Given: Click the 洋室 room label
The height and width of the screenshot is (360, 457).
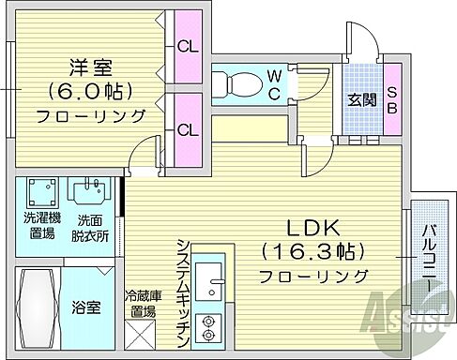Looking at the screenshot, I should click(x=89, y=67).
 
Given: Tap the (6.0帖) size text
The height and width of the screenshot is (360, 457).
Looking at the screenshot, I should click(x=89, y=92).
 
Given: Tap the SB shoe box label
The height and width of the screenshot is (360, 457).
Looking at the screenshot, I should click(x=392, y=98).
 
